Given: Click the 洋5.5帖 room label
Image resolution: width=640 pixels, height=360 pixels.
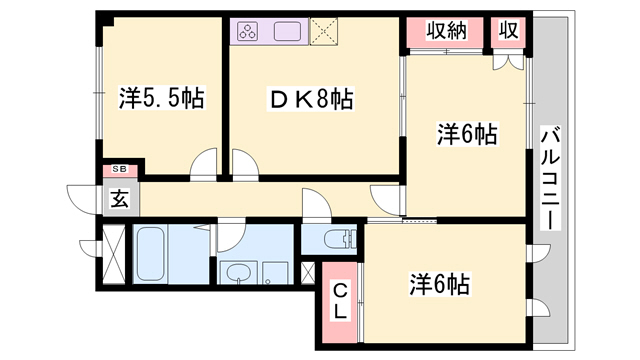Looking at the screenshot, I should point(163,99).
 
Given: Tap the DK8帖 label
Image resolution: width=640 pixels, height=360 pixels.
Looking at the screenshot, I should point(312,99).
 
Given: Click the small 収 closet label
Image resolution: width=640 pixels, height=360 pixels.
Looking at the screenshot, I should point(508,31).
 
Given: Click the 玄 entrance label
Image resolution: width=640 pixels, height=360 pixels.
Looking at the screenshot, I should point(119,198).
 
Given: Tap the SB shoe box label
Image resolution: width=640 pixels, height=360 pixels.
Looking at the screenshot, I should point(119,170).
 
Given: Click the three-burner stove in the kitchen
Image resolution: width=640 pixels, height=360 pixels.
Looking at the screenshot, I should point(248,31).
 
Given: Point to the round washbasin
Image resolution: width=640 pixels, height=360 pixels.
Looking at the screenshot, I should point(239,273).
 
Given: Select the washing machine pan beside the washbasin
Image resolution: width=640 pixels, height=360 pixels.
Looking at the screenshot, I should point(273,273).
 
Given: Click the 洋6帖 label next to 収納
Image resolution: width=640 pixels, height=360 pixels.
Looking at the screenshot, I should point(466,133).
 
